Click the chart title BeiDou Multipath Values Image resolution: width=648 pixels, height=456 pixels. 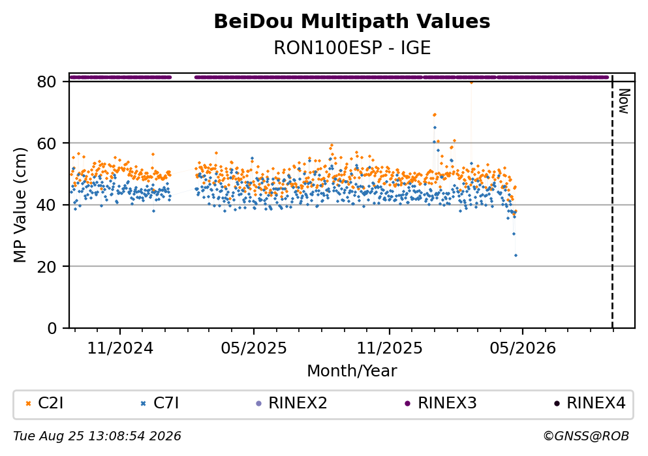pos(352,22)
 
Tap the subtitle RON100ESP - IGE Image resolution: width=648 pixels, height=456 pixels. pos(352,48)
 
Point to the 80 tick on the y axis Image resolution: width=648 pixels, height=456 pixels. pos(46,82)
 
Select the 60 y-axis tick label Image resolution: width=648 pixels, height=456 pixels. pos(46,144)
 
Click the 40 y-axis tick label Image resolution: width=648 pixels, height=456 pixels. pos(46,205)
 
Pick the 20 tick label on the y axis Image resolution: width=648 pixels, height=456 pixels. pos(46,266)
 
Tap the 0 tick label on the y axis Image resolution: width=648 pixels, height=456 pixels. pos(52,328)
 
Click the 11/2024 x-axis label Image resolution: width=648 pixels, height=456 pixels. pos(120,348)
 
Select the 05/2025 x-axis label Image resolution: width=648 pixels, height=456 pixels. pos(254,348)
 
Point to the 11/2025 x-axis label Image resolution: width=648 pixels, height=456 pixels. pos(390,348)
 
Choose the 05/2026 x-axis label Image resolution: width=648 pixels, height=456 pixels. pos(523,348)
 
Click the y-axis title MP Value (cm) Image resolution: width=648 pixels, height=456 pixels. pos(20,205)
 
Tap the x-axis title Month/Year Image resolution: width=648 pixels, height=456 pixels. pos(352,371)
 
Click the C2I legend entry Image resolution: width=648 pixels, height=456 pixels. pos(45,403)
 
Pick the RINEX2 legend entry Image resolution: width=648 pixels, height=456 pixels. pos(292,403)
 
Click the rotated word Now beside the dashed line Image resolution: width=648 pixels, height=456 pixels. pos(624,101)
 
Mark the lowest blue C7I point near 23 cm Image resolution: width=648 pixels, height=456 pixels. pos(516,255)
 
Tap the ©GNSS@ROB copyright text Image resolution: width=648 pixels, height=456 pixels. pos(586,436)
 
